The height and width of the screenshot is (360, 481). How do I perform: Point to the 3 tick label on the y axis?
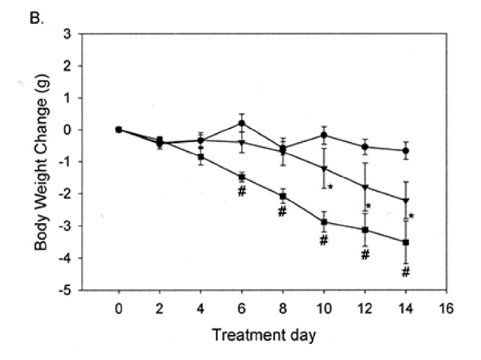84,33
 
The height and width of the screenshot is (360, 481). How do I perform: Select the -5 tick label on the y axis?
82,291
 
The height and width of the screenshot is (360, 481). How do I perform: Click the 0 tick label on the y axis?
84,130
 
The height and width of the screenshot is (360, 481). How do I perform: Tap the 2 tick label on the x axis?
159,307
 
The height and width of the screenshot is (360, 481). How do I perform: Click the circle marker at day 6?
242,123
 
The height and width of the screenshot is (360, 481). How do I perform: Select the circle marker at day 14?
406,150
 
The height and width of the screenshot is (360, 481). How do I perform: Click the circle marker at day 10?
324,135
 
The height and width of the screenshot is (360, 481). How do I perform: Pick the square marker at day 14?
406,242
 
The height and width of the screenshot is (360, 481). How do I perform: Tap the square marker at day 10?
324,222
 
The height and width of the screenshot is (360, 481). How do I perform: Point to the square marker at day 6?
242,177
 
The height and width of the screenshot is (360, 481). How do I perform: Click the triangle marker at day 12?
365,188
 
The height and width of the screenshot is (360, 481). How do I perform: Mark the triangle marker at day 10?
324,168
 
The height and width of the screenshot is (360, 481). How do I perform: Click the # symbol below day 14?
406,272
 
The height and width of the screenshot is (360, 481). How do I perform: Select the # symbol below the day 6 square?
242,192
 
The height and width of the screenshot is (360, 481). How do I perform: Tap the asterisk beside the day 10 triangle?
331,187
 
